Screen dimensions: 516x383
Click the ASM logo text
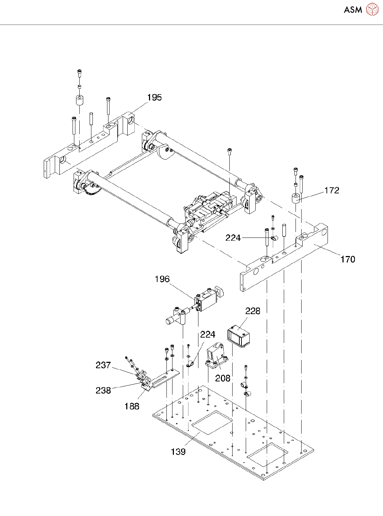(x=353, y=10)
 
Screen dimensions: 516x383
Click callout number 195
(x=154, y=98)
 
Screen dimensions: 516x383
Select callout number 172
(x=331, y=191)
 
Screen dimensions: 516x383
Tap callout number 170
(x=347, y=259)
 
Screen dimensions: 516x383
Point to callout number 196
(x=162, y=279)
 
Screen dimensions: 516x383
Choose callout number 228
(x=252, y=311)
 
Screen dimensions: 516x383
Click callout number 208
(x=223, y=378)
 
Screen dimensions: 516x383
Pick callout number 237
(x=103, y=365)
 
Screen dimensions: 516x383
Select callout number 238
(x=103, y=390)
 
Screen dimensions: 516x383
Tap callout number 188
(x=132, y=406)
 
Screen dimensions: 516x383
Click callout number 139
(x=178, y=452)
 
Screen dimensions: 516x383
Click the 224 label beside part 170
(x=233, y=238)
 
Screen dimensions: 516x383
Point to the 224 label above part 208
(x=207, y=334)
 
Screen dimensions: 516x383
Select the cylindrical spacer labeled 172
(x=296, y=199)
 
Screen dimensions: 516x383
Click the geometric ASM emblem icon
(x=372, y=9)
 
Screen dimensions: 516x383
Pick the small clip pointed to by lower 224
(x=190, y=364)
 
